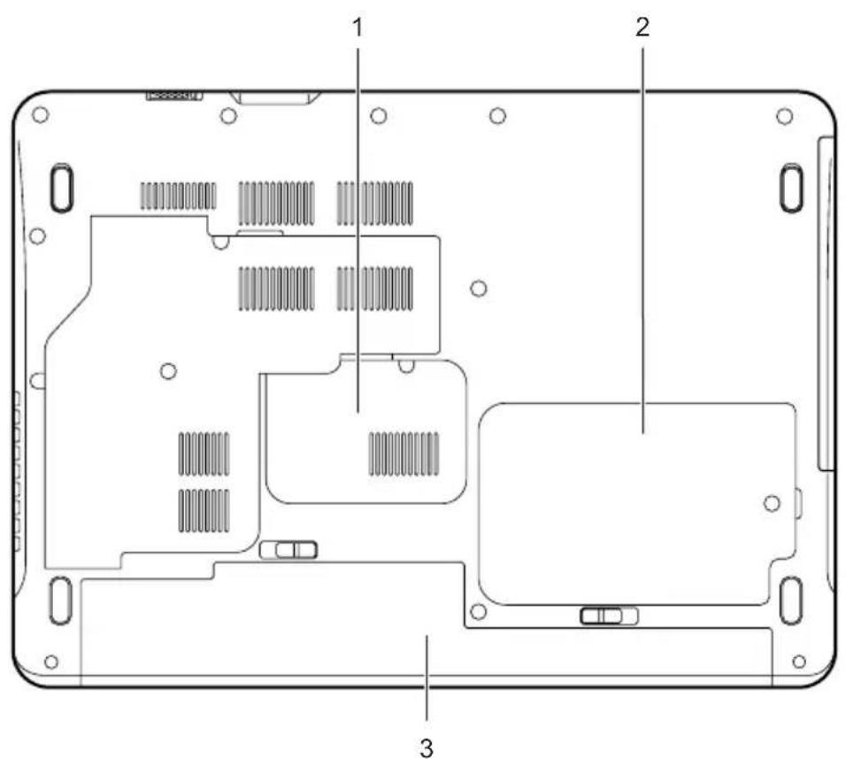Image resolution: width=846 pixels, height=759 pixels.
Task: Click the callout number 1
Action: click(x=358, y=27)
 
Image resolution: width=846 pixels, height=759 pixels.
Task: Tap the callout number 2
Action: click(x=642, y=27)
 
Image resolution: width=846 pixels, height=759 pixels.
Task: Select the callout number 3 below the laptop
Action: click(x=427, y=748)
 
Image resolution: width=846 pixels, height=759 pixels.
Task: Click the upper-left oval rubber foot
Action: click(x=62, y=188)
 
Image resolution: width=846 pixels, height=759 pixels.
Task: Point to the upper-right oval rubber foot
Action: click(x=791, y=188)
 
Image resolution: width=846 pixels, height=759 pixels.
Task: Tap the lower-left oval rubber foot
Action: click(x=60, y=600)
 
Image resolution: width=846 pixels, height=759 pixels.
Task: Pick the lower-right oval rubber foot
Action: click(x=792, y=600)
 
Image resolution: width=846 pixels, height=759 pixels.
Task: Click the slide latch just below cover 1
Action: click(x=288, y=550)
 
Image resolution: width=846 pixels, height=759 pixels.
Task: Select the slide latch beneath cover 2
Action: click(x=609, y=616)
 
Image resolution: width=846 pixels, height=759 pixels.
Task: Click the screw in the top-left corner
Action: click(x=41, y=114)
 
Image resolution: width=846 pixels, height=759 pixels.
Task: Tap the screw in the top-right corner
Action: click(x=784, y=116)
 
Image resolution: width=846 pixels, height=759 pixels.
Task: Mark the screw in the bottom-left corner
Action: click(x=51, y=662)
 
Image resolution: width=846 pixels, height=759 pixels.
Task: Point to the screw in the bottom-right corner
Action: click(x=799, y=662)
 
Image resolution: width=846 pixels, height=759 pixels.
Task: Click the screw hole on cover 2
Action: click(x=772, y=504)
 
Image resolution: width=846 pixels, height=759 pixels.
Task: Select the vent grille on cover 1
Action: click(x=404, y=453)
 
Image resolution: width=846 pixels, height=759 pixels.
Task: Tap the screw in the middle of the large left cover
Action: click(x=168, y=371)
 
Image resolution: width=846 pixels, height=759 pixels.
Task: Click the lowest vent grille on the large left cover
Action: click(x=204, y=510)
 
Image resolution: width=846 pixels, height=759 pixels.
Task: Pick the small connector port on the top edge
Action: click(x=173, y=96)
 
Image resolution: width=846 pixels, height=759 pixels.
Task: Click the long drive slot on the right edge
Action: click(x=825, y=304)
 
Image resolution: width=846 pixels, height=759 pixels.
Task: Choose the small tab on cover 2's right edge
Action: click(x=798, y=502)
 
